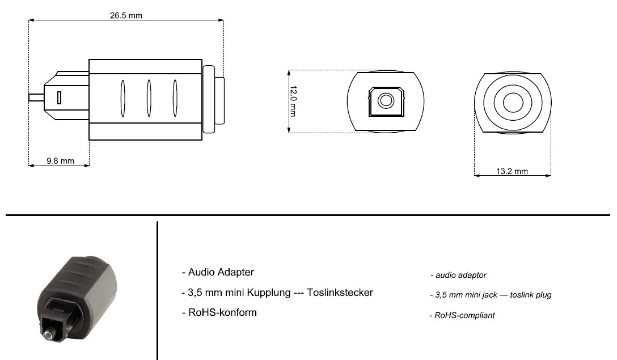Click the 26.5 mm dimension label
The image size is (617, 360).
click(x=126, y=15)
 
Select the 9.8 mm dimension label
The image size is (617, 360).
click(x=60, y=160)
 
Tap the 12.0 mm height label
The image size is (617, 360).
click(x=293, y=101)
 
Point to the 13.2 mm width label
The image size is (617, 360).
click(x=512, y=171)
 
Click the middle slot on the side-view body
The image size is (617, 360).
click(x=149, y=98)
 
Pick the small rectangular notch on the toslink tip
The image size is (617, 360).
click(x=59, y=98)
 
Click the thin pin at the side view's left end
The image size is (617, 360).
click(x=36, y=97)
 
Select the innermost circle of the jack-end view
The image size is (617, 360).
click(x=513, y=103)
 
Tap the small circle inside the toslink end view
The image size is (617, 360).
click(x=386, y=100)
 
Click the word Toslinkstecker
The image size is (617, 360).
click(x=340, y=293)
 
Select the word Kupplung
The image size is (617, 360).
click(x=269, y=293)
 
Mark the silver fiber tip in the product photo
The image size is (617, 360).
click(x=48, y=336)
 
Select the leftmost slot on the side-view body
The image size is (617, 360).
click(x=122, y=98)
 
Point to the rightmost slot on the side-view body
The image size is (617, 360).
click(x=175, y=98)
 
